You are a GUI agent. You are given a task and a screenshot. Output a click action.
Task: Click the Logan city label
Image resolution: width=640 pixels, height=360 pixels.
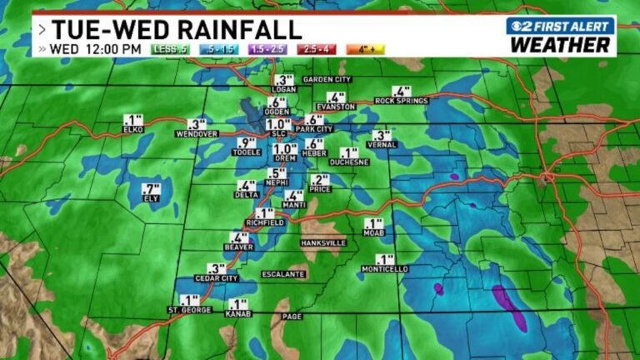[284, 89]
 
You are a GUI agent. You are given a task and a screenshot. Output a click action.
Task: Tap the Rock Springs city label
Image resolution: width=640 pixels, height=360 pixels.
[401, 101]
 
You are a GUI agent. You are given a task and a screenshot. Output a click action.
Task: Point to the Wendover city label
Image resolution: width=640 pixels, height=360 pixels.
[197, 133]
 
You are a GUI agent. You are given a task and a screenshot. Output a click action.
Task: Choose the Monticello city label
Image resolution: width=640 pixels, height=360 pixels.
[385, 269]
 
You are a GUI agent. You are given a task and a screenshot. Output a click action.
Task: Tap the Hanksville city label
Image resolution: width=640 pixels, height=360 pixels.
[323, 242]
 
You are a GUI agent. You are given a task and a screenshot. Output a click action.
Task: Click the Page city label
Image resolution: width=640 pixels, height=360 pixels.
[292, 316]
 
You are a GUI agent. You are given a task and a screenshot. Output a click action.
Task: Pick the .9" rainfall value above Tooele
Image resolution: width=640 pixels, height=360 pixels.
[246, 142]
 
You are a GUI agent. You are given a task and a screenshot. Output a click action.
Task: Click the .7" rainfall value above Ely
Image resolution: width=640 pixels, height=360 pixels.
[151, 188]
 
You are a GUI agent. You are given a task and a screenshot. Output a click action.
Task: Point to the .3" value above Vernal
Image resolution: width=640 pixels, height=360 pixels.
[382, 135]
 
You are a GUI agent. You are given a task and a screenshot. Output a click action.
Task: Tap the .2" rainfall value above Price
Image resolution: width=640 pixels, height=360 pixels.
[320, 179]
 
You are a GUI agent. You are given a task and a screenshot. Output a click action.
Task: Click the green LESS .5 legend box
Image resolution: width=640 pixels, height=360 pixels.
[170, 49]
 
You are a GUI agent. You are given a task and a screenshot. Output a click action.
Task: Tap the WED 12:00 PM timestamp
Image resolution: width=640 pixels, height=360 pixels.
[95, 49]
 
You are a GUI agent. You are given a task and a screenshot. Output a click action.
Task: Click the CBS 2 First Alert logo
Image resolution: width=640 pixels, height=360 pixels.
[560, 26]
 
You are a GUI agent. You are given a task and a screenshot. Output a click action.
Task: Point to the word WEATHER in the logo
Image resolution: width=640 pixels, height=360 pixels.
[560, 45]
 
